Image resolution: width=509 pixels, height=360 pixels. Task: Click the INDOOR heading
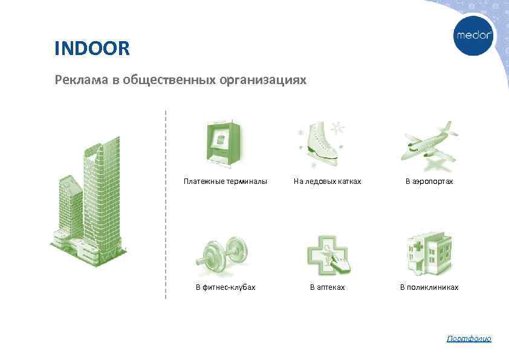point(92,48)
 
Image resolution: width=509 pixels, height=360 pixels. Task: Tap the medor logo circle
point(474,36)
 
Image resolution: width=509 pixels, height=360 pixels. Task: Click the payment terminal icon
point(222,142)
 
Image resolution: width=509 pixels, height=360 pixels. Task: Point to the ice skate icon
point(321,143)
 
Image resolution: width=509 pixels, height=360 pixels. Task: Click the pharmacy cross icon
point(328,255)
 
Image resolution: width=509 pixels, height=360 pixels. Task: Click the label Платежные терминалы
point(225,181)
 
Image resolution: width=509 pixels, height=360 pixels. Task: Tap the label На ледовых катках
point(327,181)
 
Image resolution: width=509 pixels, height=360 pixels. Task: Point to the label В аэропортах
point(429,181)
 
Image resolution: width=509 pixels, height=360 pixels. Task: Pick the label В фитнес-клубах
point(225,287)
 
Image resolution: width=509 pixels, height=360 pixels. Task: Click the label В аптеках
point(327,287)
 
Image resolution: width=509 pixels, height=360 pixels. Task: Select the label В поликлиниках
point(429,287)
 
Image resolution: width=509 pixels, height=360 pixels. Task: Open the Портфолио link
point(469,338)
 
